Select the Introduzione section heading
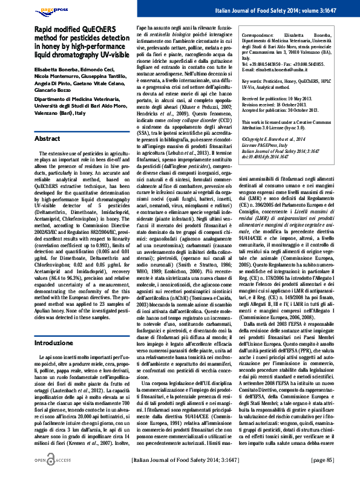[54, 343]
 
